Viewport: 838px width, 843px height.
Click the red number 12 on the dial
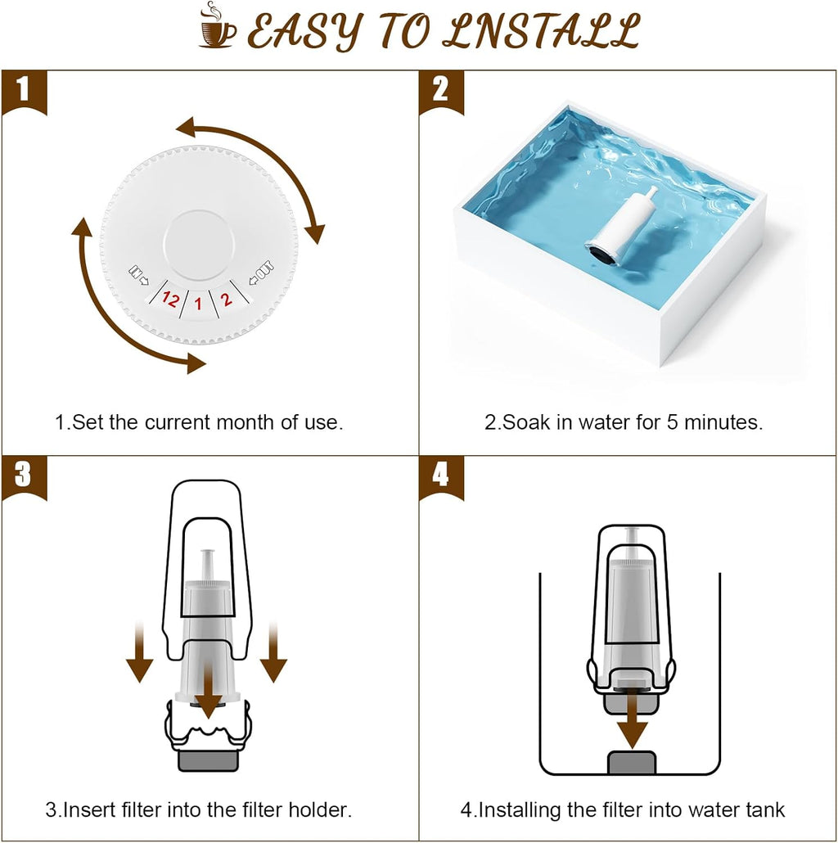point(170,299)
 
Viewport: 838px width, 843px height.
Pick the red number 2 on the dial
point(227,299)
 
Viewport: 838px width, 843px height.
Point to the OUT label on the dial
point(262,269)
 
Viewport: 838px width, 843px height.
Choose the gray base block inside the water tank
point(633,762)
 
